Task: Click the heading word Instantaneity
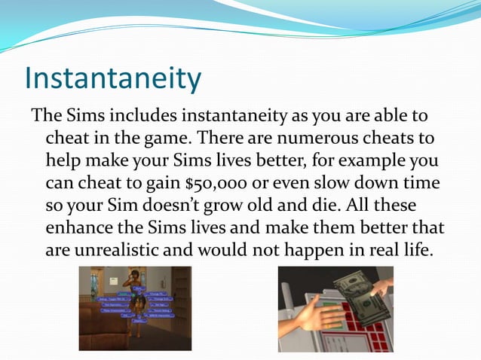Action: [114, 79]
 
